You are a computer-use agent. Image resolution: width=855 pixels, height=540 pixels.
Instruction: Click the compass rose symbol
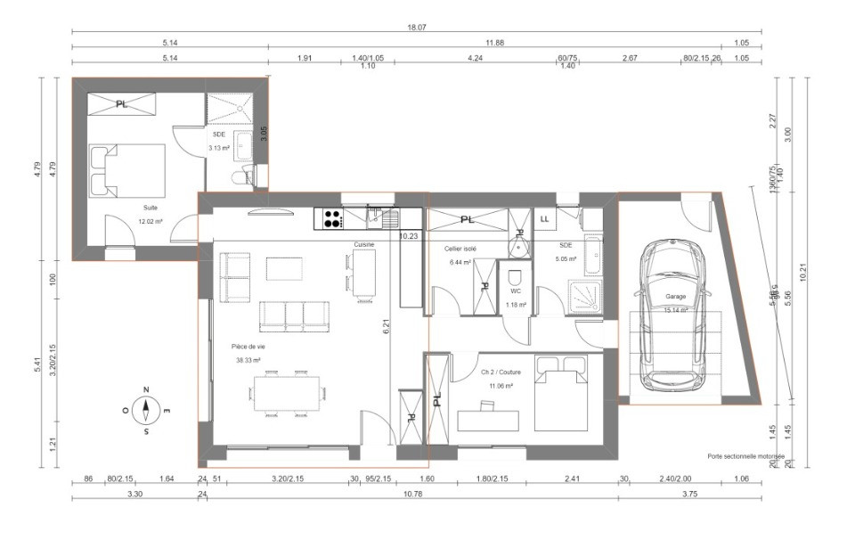click(x=146, y=411)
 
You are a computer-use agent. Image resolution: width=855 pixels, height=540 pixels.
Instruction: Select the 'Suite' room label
click(x=126, y=207)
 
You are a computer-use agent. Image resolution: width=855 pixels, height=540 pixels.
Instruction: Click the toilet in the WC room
click(x=514, y=280)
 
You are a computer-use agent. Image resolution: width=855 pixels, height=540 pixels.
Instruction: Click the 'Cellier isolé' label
click(x=461, y=250)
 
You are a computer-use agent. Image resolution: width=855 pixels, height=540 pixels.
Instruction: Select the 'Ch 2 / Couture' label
click(x=501, y=372)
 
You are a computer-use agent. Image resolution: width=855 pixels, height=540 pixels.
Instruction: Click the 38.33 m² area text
click(x=248, y=361)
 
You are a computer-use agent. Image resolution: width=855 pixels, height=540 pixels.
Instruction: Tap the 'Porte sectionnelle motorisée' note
click(x=746, y=455)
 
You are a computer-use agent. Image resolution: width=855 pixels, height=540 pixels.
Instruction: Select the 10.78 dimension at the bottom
click(x=413, y=494)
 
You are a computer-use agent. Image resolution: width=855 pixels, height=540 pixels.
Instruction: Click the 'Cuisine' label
click(x=363, y=243)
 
